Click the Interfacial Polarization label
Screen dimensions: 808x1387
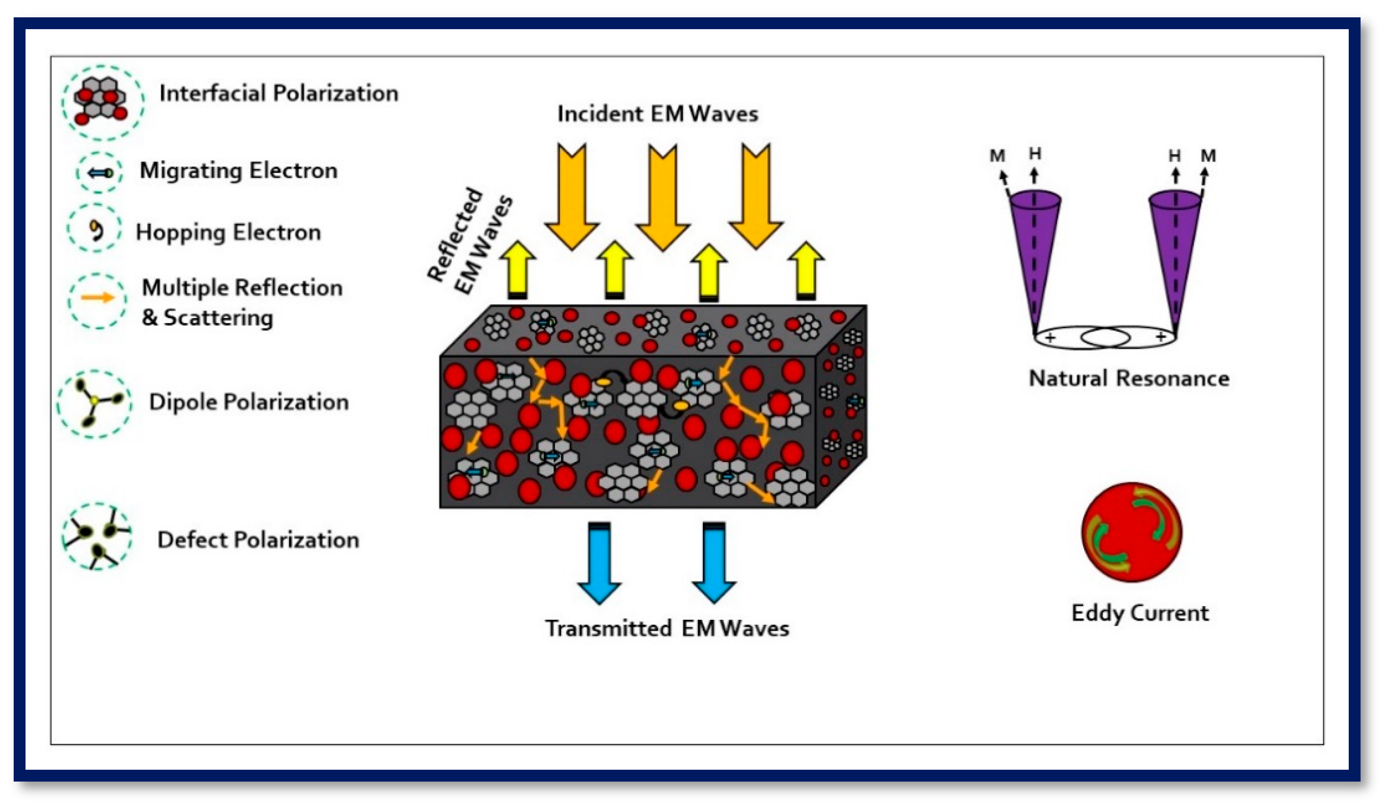(x=278, y=93)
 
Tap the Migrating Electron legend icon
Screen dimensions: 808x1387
(x=100, y=172)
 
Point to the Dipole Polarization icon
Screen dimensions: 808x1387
(x=95, y=403)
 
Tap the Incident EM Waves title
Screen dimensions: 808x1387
(x=657, y=114)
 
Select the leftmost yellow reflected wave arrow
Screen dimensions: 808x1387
(x=517, y=270)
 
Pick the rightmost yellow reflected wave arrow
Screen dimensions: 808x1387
(x=805, y=270)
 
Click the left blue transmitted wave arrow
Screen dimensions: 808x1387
(x=599, y=561)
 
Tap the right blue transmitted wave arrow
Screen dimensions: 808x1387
(x=714, y=561)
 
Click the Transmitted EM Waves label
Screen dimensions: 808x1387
(x=666, y=628)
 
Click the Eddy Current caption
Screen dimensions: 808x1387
(x=1140, y=612)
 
